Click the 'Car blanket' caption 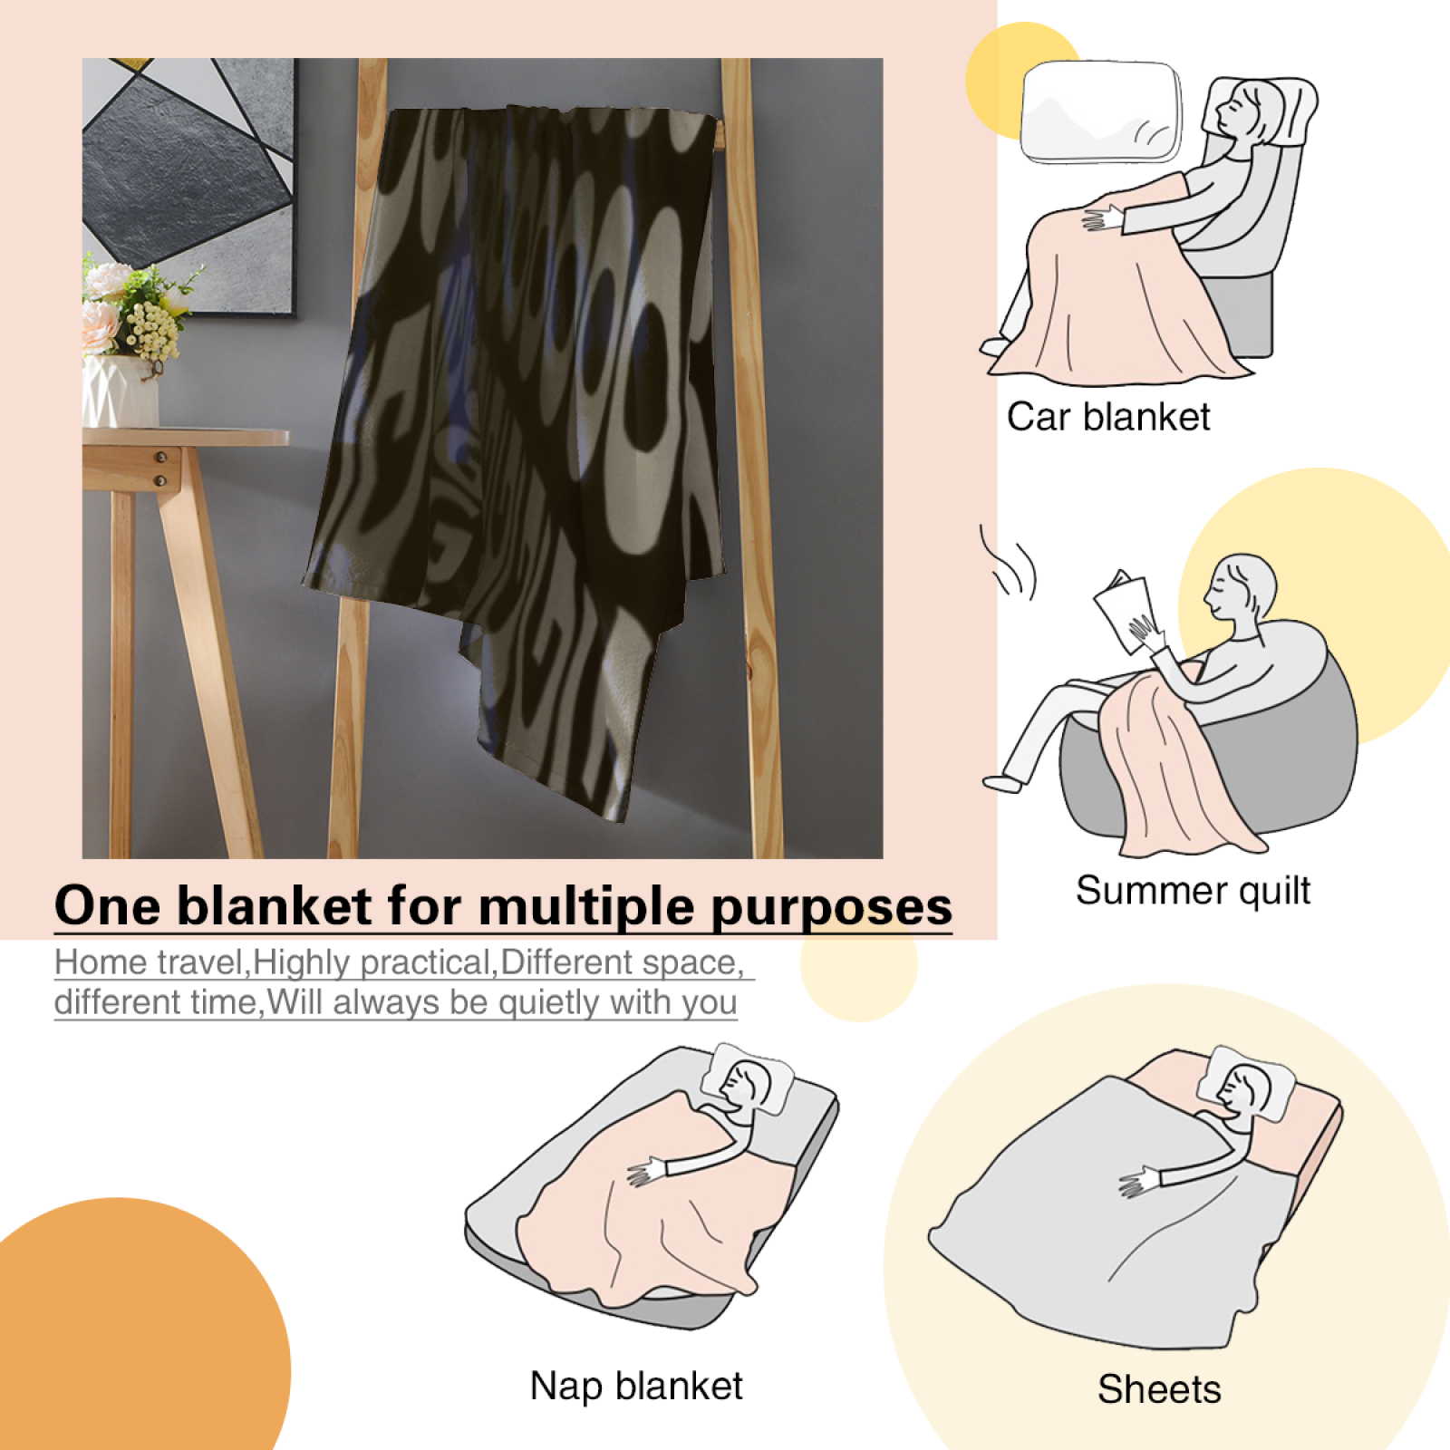coord(1108,417)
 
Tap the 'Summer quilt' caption coord(1193,890)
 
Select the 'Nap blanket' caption coord(636,1386)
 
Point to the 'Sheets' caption coord(1159,1389)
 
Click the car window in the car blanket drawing coord(1101,111)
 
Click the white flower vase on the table coord(120,391)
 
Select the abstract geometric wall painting coord(188,187)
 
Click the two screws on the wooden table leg coord(161,469)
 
